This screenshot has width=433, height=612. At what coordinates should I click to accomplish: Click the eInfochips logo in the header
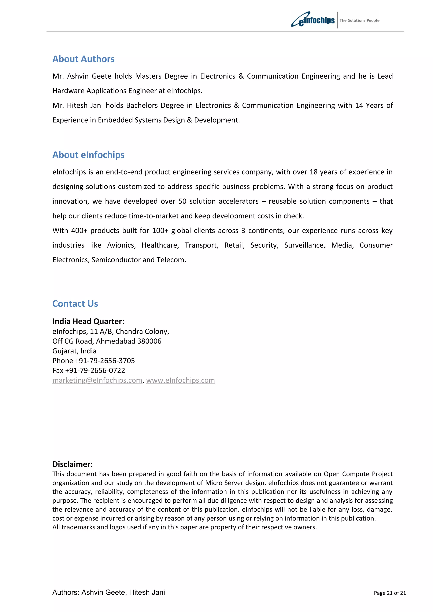coord(313,20)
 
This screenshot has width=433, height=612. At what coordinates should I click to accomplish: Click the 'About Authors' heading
coord(83,59)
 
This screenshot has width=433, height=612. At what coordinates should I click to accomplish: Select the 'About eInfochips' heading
coord(88,155)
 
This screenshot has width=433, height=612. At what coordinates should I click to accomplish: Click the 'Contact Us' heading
coord(75,304)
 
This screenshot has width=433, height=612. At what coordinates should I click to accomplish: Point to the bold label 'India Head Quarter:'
coord(88,321)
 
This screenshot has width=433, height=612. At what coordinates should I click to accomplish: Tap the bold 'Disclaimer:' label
coord(73,464)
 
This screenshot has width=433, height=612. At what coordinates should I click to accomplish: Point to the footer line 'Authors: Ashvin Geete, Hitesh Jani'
coord(109,592)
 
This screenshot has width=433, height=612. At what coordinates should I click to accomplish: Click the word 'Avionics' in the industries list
coord(121,245)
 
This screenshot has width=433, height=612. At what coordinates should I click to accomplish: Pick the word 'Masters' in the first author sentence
coord(148,76)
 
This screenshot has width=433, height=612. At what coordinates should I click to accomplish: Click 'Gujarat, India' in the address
coord(74,351)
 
